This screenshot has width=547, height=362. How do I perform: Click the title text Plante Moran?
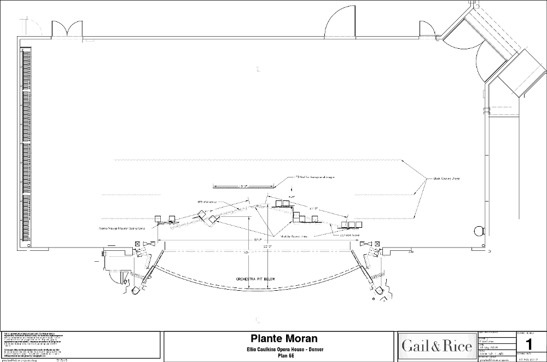(x=276, y=339)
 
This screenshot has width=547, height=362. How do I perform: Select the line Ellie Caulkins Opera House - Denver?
(x=276, y=349)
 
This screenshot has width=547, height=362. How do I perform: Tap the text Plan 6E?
(x=276, y=355)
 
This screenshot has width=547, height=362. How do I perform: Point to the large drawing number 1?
(x=528, y=344)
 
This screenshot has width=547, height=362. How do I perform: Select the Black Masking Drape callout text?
(x=446, y=179)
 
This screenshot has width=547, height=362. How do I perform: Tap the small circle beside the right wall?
(x=480, y=231)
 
